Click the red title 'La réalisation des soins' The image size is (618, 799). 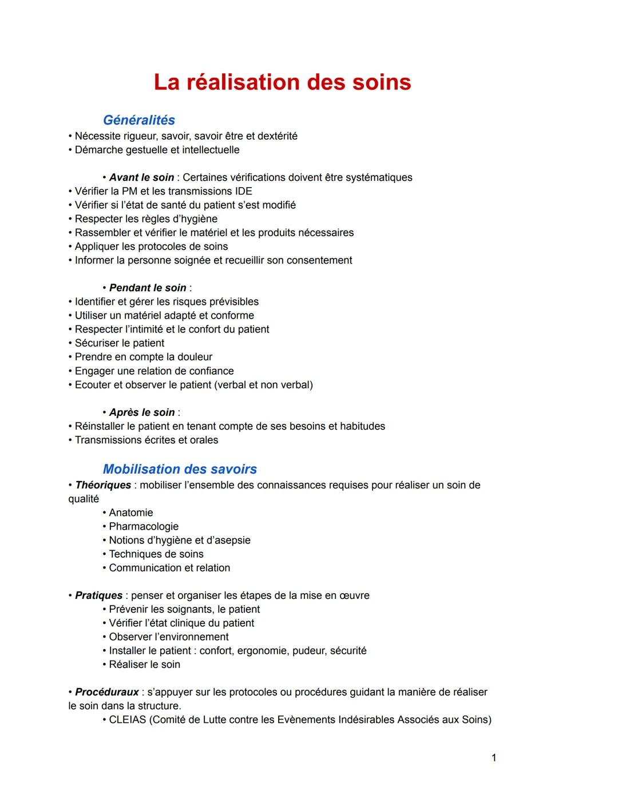tap(282, 82)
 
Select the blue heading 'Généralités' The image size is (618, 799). tap(139, 120)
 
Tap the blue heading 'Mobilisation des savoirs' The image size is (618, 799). tap(180, 469)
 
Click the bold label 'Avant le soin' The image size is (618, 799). tap(142, 177)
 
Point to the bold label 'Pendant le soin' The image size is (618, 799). tap(148, 288)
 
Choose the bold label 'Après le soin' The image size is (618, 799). tap(142, 412)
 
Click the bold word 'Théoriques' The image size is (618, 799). tap(103, 485)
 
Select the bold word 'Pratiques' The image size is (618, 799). tap(98, 595)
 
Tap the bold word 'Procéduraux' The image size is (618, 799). tap(106, 692)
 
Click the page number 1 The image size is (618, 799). tap(494, 758)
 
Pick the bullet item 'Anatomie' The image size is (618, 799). tap(131, 512)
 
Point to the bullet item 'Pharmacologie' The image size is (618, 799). tap(144, 526)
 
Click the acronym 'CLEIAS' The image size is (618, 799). tap(128, 720)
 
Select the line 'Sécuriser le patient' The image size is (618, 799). tap(120, 343)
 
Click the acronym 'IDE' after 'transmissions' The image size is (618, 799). tap(243, 191)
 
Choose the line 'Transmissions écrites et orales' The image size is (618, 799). tap(146, 440)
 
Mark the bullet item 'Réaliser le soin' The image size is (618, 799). tap(144, 665)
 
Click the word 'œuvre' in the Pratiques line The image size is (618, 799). tap(355, 595)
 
